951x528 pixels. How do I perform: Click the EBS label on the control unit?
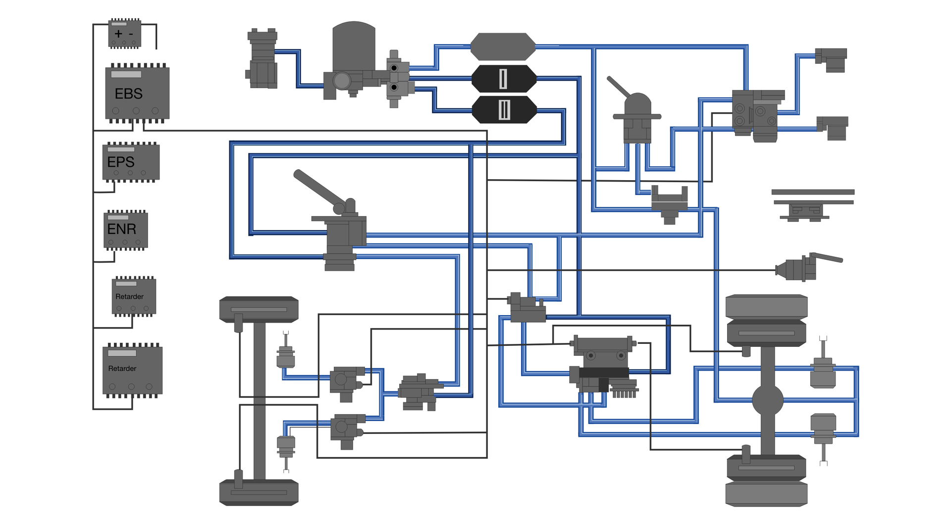[x=128, y=94]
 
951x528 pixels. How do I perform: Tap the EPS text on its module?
[x=121, y=162]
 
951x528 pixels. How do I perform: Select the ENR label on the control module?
[x=121, y=229]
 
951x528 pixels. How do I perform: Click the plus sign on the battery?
[x=118, y=34]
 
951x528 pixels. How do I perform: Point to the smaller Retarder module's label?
[x=129, y=296]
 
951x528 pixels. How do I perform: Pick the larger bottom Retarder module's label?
[x=122, y=369]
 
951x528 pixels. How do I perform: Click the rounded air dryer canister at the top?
[x=354, y=47]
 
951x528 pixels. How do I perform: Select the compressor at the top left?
[x=263, y=59]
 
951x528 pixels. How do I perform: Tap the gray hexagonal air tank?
[x=503, y=47]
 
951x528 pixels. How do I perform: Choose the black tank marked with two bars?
[x=504, y=109]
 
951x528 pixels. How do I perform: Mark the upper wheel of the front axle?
[x=259, y=309]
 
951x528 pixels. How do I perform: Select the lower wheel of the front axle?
[x=259, y=492]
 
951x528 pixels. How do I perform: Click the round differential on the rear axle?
[x=768, y=400]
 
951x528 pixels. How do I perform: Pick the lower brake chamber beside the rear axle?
[x=823, y=429]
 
